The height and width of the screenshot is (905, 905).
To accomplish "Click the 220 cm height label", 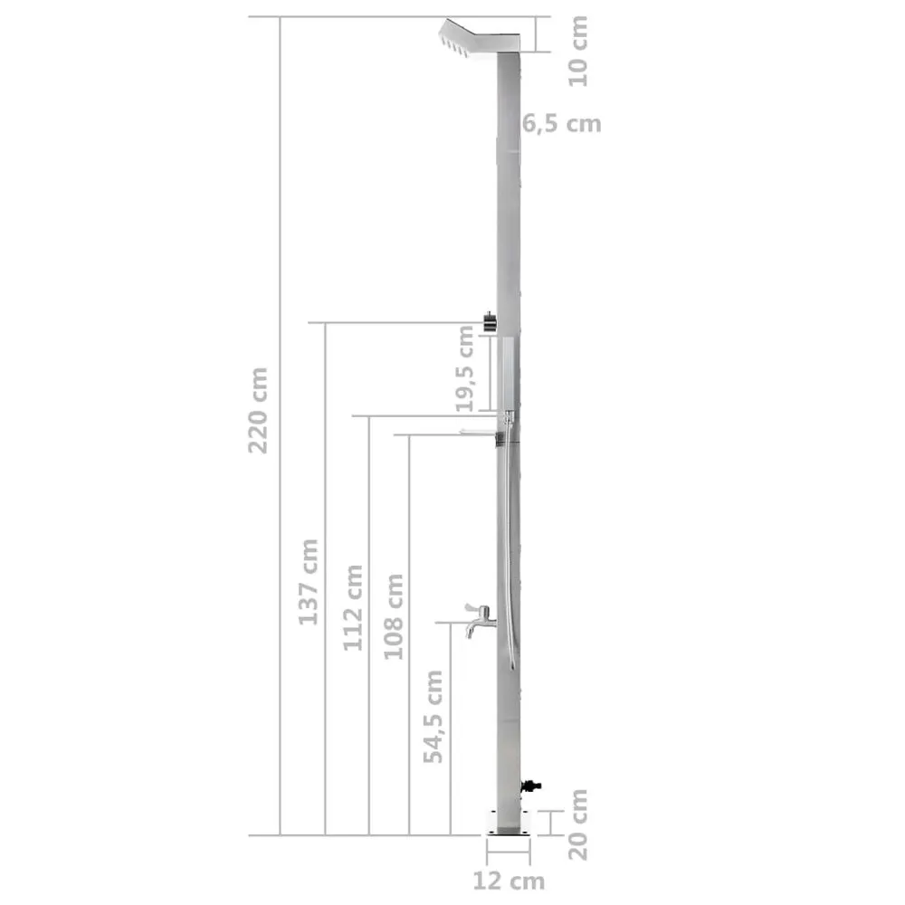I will (259, 410).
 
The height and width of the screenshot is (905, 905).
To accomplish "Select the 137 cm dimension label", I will (310, 581).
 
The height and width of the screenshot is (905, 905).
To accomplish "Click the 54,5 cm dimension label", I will (435, 716).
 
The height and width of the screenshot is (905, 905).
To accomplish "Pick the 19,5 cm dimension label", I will (465, 369).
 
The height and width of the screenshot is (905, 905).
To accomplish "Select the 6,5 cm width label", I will (561, 124).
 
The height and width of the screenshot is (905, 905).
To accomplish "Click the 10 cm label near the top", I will (578, 51).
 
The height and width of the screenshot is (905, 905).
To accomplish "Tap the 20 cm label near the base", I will (578, 824).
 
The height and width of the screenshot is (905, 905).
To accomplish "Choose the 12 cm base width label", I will (509, 880).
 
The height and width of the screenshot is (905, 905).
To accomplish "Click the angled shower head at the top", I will (475, 38).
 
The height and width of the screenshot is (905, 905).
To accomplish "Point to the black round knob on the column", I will (489, 321).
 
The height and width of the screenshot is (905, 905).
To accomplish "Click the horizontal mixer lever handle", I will (480, 432).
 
